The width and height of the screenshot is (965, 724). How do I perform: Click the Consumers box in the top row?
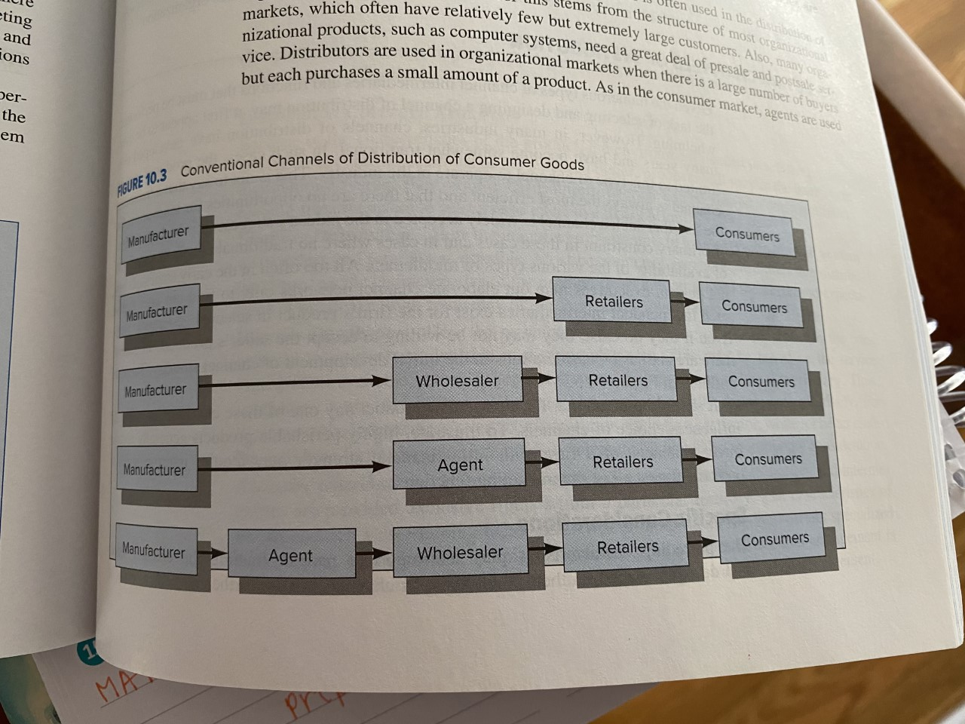[746, 234]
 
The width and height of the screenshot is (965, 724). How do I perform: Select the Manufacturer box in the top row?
[160, 235]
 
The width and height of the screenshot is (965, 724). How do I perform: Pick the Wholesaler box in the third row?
[458, 381]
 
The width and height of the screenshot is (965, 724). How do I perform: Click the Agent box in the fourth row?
[459, 465]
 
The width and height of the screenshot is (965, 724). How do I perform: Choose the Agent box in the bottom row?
[291, 556]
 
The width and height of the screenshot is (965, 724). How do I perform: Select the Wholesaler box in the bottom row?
[460, 552]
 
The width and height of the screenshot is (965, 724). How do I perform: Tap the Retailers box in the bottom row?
[626, 547]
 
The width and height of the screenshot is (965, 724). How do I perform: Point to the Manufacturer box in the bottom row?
[155, 551]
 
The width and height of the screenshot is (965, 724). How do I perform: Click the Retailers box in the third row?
[617, 380]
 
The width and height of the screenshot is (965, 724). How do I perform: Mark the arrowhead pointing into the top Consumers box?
[685, 228]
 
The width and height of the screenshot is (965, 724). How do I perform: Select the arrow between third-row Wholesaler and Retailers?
[538, 377]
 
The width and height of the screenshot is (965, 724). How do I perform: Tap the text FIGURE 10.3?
[142, 182]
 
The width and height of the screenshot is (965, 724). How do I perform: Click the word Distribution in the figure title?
[399, 158]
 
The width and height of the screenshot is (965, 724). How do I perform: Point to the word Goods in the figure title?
[562, 164]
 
